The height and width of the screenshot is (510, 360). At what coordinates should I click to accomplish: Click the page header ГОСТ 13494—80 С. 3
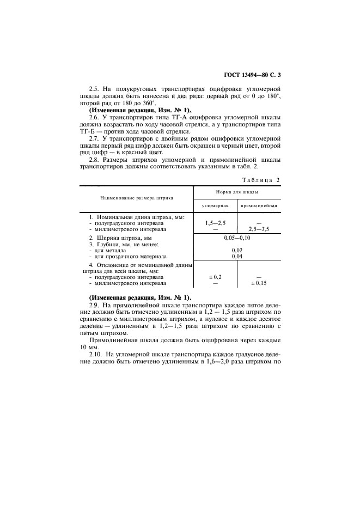(254, 74)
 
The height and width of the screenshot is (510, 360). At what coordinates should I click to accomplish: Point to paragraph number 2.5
(94, 88)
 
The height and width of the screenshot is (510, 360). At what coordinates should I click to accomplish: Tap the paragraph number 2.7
(94, 138)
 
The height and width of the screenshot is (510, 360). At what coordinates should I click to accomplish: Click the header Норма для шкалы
(236, 192)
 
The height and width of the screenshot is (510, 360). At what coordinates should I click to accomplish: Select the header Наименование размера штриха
(136, 198)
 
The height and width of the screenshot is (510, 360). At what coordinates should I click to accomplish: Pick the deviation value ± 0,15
(259, 283)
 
